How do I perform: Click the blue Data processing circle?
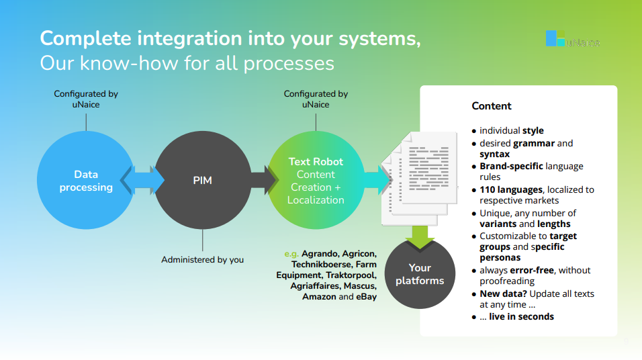point(86,181)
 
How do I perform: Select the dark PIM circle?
point(203,181)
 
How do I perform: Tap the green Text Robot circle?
point(316,181)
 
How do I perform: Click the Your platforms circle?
point(420,274)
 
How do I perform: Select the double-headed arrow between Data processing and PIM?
point(142,181)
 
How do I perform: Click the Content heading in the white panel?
point(492,106)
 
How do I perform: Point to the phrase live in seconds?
point(521,316)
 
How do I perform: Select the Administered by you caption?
point(202,259)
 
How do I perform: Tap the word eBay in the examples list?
point(367,296)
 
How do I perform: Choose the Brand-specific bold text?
point(511,166)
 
